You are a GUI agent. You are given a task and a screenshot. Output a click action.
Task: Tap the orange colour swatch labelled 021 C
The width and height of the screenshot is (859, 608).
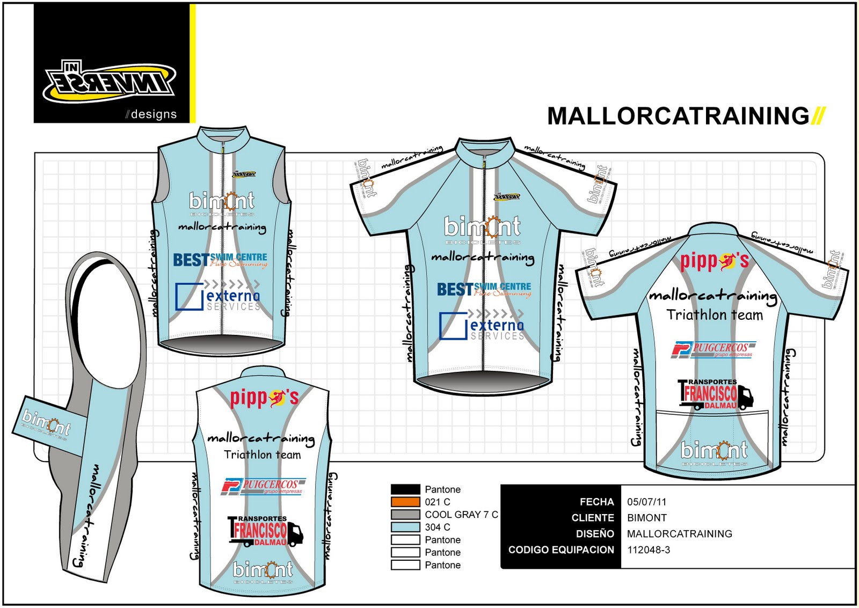click(405, 502)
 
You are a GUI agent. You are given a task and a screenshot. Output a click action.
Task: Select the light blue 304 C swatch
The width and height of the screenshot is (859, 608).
click(405, 527)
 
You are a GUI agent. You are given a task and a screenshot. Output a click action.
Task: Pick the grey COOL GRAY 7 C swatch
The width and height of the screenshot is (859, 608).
click(405, 514)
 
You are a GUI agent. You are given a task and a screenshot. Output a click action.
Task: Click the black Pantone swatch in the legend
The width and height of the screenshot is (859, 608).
click(405, 489)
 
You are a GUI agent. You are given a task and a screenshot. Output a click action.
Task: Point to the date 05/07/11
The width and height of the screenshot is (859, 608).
click(646, 502)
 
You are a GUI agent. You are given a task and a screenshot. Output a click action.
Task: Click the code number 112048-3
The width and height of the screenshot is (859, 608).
click(649, 550)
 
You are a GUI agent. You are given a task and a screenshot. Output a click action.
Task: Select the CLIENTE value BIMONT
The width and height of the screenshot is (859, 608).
click(647, 518)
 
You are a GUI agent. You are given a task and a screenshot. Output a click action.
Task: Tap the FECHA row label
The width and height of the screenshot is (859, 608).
click(596, 502)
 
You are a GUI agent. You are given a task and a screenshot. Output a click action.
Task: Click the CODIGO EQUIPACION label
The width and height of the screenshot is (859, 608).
click(561, 550)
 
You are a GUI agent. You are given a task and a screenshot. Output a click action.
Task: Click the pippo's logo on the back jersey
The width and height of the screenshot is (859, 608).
click(714, 261)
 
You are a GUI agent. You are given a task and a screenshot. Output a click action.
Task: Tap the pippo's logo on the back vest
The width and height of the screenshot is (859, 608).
click(264, 398)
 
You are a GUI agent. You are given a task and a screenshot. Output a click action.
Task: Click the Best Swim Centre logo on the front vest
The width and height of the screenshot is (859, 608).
click(220, 260)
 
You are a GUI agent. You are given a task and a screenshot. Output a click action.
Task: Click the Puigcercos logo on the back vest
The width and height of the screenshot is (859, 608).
click(263, 486)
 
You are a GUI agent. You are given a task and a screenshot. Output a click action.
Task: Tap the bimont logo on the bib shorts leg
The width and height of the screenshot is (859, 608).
click(46, 424)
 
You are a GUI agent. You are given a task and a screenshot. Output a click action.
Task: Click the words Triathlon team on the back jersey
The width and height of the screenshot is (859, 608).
click(715, 315)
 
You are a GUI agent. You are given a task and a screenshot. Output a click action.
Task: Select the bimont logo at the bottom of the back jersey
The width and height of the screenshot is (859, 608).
click(714, 451)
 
